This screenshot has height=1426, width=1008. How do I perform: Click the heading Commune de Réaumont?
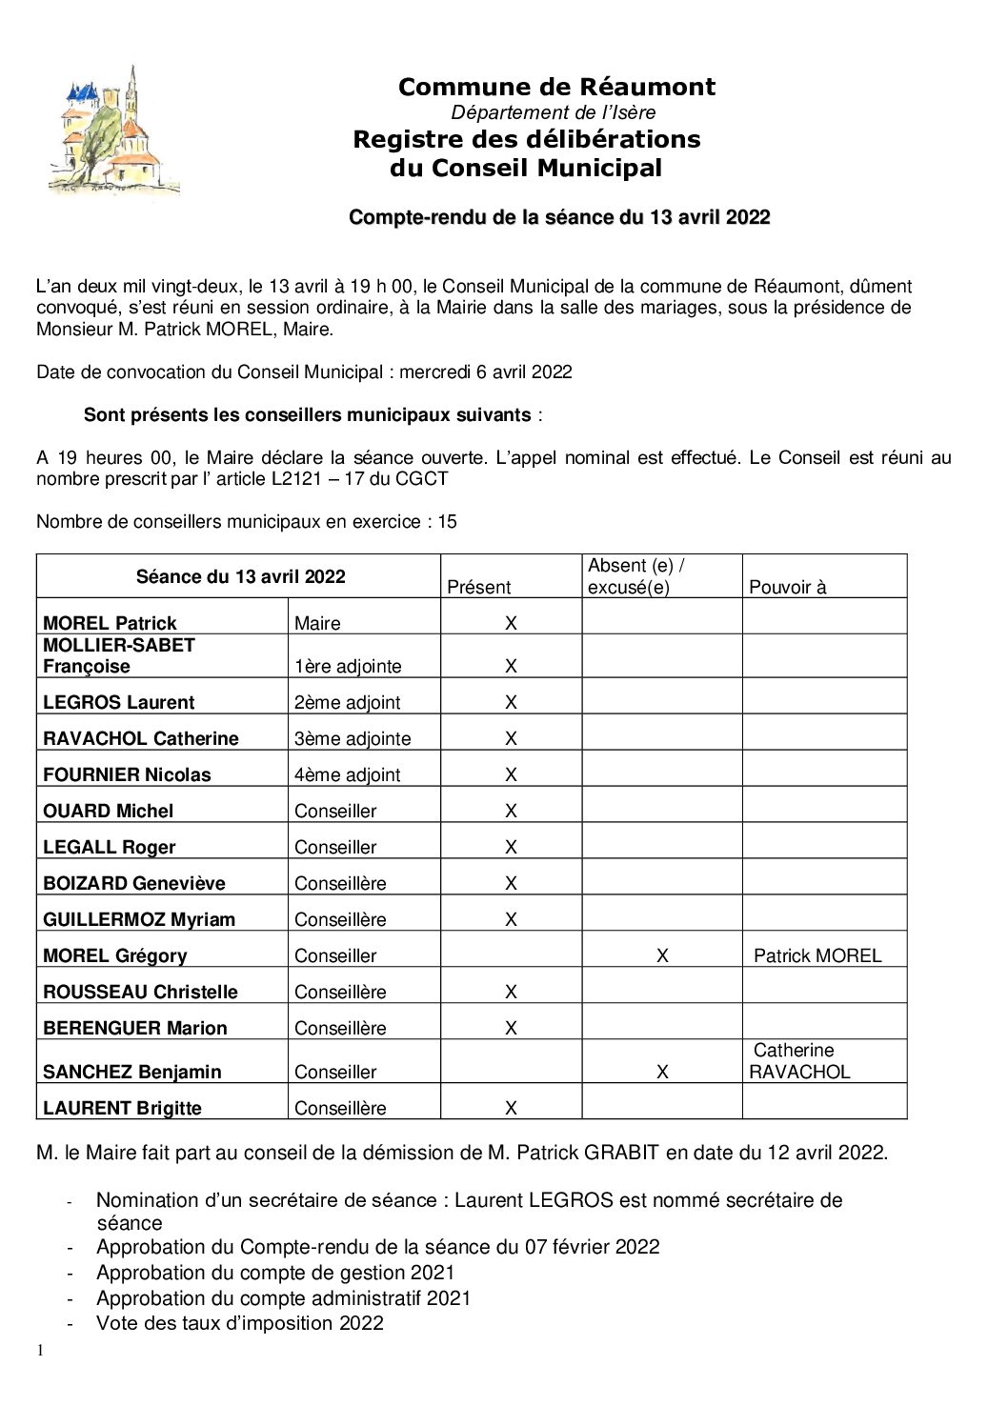pos(556,87)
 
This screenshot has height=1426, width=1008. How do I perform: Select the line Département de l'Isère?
pos(553,112)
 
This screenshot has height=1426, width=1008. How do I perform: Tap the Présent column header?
pos(478,587)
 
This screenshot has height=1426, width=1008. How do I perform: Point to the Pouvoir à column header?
pos(787,587)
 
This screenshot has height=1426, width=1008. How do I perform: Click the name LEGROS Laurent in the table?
pos(118,702)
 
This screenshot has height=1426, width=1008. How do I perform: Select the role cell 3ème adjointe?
pos(353,738)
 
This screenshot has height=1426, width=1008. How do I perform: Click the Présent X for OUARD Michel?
pos(511,811)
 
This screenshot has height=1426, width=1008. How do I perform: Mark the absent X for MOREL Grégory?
pos(662,955)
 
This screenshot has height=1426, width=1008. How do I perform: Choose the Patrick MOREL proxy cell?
pos(817,955)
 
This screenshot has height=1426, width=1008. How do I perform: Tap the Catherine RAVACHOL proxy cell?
pos(798,1061)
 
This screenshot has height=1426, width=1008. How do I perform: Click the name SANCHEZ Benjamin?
pos(131,1072)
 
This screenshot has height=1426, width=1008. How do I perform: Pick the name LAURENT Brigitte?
pos(122,1108)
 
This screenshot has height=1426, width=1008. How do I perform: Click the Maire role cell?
pos(317,623)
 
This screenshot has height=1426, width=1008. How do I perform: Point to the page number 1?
pos(40,1350)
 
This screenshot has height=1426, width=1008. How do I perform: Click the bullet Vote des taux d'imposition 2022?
pos(239,1323)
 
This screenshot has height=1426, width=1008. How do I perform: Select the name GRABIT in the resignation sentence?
pos(621,1153)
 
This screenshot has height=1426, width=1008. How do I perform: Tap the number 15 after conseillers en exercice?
pos(447,522)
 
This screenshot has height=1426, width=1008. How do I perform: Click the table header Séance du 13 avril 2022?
pos(240,576)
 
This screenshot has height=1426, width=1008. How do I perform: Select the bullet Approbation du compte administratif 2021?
pos(283,1297)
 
